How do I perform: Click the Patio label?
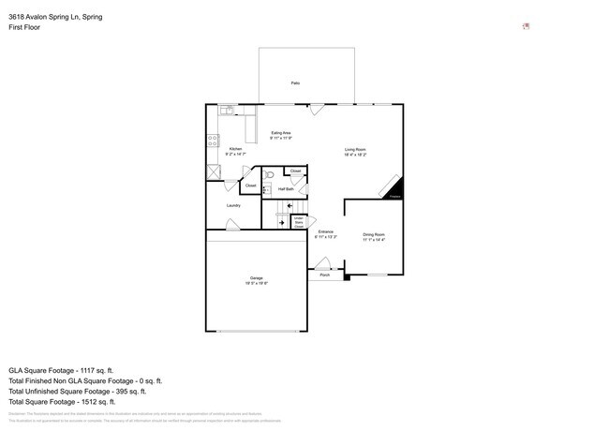[x=295, y=83]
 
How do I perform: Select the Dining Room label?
[x=374, y=236]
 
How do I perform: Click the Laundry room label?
[x=233, y=205]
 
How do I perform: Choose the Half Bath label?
[x=285, y=189]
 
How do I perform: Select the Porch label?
[x=324, y=275]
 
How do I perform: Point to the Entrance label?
[x=326, y=233]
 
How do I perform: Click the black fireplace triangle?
[x=393, y=188]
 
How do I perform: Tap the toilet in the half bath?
[x=269, y=174]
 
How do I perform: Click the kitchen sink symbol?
[x=226, y=111]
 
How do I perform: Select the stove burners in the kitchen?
[x=213, y=142]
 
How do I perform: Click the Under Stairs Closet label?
[x=298, y=222]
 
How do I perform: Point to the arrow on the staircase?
[x=281, y=223]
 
